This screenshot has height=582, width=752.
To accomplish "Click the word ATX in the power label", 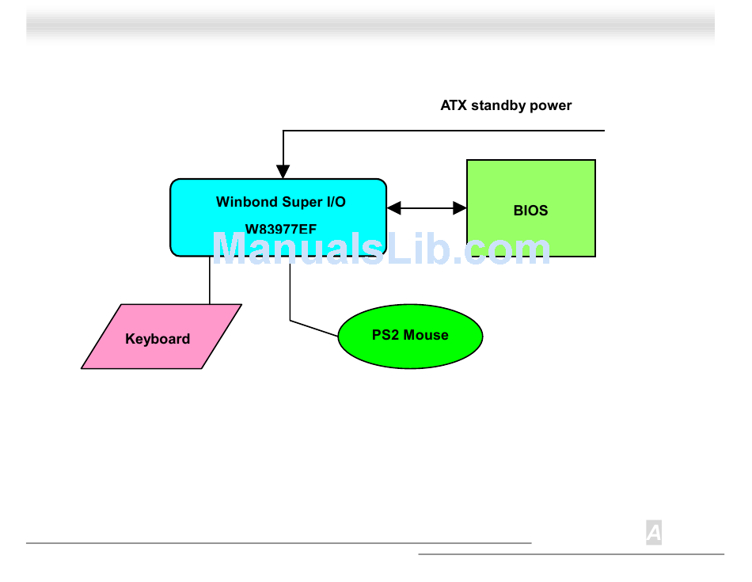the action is point(454,105).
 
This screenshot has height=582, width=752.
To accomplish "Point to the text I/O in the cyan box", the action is point(336,201).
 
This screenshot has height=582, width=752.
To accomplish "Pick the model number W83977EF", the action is point(281,230).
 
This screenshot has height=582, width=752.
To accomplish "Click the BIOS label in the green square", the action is point(530,210).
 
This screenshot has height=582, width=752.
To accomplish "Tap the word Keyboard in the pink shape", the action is point(158,339).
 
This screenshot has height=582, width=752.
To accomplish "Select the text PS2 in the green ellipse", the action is point(385,335).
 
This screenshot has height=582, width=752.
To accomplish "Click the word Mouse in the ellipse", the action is point(426,335).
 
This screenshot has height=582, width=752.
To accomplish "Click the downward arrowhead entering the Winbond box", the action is point(283,171).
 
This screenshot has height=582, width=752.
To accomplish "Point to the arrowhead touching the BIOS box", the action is point(460,208).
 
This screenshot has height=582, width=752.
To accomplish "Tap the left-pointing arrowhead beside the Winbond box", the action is point(393,208).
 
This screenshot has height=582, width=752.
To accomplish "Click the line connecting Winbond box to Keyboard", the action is point(210,280).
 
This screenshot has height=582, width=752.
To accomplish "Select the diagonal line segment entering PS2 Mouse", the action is point(314,328).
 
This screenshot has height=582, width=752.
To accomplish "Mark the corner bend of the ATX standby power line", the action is point(283,131).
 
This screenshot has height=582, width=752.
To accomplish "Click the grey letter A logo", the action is point(654,533).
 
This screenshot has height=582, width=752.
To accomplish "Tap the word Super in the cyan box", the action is point(302,203).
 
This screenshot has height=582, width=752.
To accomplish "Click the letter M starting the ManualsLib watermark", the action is point(230,248).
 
